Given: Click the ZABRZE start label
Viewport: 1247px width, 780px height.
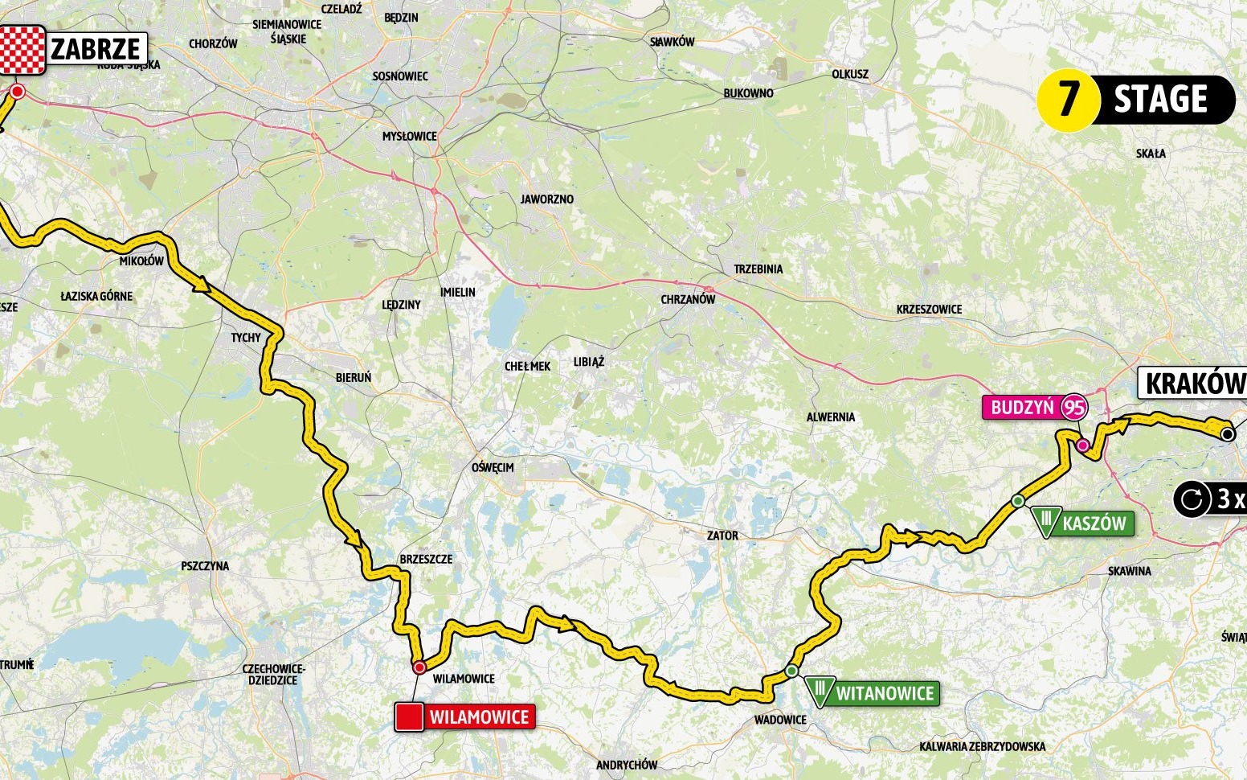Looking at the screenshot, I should (x=95, y=49).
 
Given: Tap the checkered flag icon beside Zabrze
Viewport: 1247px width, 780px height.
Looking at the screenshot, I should (x=22, y=49).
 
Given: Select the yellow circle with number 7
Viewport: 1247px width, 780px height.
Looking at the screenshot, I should (x=1068, y=100).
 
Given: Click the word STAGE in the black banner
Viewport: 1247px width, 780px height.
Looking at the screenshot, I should (x=1160, y=100).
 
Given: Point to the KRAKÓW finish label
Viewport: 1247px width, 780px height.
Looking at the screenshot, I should (x=1193, y=384).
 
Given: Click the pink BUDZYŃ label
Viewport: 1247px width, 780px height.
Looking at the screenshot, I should (x=1021, y=408).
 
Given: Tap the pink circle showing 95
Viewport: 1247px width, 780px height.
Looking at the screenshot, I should (x=1073, y=408).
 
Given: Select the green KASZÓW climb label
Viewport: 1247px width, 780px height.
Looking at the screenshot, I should (x=1093, y=523).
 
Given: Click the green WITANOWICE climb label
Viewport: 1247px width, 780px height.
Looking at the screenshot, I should (x=885, y=693).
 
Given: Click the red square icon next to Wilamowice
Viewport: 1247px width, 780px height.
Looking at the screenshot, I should (x=409, y=716).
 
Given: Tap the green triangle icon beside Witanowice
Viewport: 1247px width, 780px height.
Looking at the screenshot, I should (x=820, y=690).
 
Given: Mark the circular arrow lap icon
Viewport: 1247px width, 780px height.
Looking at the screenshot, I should (x=1190, y=499).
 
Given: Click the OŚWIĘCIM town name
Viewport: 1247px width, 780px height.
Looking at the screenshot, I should (x=493, y=467).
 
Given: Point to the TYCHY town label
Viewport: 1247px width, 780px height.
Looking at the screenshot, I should (x=246, y=337).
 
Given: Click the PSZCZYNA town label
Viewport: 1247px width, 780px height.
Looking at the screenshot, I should (x=205, y=565).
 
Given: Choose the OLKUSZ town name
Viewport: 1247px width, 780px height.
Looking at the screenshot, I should (x=850, y=74).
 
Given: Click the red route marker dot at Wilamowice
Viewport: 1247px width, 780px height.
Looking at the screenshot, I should (x=419, y=667).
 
